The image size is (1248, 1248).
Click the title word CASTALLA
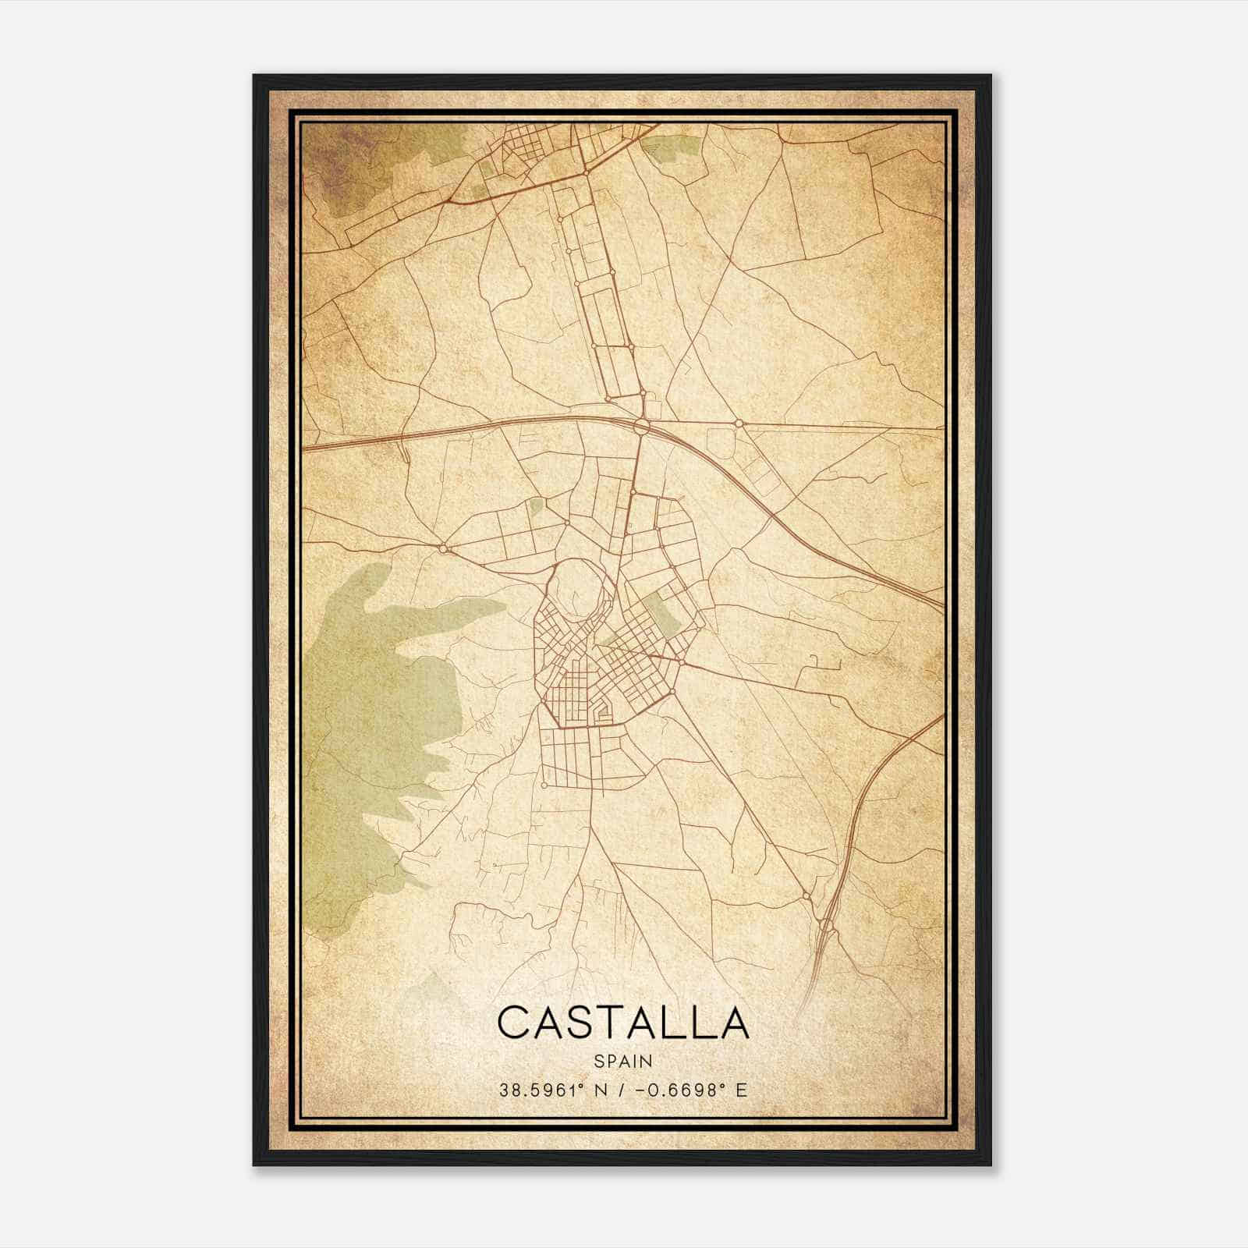(x=622, y=1022)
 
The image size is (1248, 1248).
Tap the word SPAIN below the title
(x=622, y=1061)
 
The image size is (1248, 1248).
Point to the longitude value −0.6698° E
(x=691, y=1090)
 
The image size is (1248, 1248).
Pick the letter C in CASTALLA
(x=515, y=1022)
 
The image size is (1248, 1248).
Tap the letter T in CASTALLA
(x=608, y=1022)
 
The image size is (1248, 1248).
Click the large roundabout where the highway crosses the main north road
(x=641, y=427)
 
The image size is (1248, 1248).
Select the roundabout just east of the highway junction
(x=738, y=424)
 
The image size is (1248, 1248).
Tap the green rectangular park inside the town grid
(x=662, y=613)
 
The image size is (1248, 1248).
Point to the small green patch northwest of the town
(x=535, y=506)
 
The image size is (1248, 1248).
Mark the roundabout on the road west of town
(x=443, y=548)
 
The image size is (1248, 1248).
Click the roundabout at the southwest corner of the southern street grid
(x=543, y=785)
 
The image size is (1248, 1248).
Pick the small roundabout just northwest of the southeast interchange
(x=806, y=896)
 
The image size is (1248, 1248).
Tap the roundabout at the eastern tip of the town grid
(x=681, y=662)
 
